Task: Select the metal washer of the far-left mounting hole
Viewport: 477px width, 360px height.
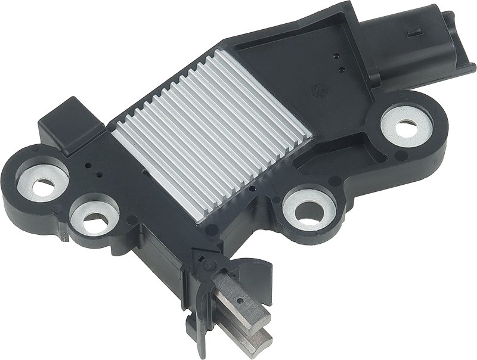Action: tap(42, 182)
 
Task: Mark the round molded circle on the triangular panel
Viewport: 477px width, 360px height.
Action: tap(320, 91)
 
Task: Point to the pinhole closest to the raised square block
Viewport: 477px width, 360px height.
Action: tap(89, 166)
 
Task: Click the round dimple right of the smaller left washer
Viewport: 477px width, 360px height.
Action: tap(131, 221)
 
